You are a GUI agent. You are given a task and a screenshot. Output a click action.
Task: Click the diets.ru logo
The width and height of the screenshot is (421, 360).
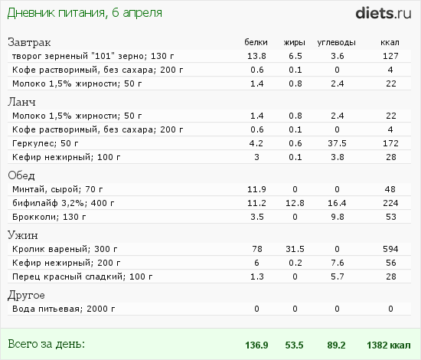[383, 14]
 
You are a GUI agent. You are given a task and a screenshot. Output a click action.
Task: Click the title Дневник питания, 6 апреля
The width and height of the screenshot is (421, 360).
[84, 13]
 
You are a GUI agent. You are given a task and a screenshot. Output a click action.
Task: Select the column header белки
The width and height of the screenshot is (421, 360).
[256, 42]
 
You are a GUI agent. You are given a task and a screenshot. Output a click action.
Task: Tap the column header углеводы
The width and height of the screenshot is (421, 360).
[337, 43]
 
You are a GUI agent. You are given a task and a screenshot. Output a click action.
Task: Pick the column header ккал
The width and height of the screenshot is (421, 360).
[390, 42]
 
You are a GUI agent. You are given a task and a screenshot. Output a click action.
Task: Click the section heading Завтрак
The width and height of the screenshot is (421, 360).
[29, 42]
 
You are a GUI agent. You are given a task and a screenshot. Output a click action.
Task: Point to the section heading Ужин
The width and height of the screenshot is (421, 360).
[23, 235]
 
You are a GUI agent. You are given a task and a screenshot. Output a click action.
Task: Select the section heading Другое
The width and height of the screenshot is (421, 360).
[26, 296]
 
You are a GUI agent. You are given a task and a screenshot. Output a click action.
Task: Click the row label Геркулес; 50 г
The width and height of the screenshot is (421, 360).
[45, 143]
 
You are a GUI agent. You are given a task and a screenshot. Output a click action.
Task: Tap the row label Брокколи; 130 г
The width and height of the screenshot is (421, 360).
[49, 217]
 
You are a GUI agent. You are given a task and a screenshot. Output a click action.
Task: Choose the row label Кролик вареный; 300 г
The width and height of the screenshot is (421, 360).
[65, 249]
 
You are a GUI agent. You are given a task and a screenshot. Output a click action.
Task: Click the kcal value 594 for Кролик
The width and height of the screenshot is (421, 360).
[390, 249]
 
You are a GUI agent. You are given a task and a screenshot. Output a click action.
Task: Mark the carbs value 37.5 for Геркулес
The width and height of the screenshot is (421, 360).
[337, 143]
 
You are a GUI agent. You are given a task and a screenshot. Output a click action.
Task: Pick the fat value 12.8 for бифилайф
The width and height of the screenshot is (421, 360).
[295, 203]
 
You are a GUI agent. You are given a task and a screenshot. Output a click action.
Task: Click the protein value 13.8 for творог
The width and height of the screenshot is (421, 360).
[256, 56]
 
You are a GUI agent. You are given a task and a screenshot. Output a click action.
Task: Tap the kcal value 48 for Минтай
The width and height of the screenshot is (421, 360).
[390, 189]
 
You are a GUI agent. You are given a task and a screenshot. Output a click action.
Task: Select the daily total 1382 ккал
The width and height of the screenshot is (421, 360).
[389, 345]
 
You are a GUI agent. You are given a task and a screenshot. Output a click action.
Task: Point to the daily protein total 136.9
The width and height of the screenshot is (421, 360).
[256, 345]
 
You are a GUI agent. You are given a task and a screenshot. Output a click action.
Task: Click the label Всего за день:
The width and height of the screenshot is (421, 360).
[46, 344]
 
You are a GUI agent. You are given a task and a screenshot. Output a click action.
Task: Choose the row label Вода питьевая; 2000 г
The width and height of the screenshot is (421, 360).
[64, 309]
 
